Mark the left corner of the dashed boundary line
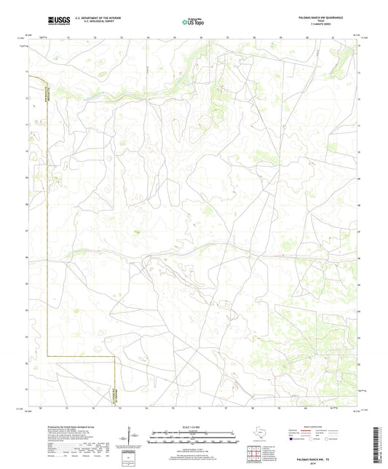[47, 356]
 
